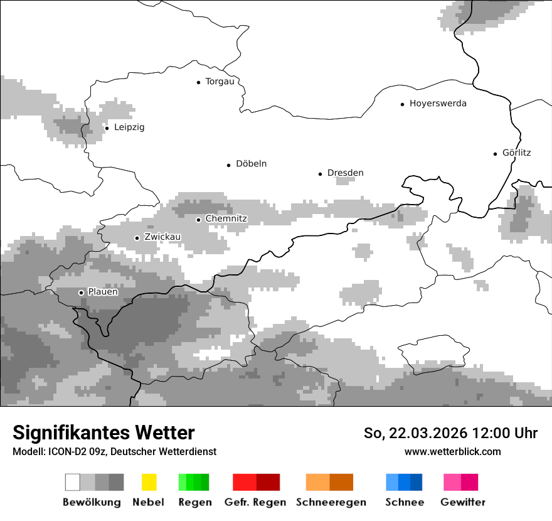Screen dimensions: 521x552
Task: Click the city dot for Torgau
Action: click(x=199, y=82)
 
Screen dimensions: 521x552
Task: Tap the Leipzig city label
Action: click(x=129, y=127)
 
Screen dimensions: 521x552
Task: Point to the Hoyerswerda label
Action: click(x=438, y=104)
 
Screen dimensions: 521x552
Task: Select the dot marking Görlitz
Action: click(x=496, y=153)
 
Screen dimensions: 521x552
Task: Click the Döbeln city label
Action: click(x=251, y=164)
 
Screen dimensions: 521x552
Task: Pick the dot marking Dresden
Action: click(x=320, y=173)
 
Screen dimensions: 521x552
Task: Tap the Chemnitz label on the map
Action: click(x=226, y=218)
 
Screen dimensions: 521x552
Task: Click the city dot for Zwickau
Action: click(x=137, y=238)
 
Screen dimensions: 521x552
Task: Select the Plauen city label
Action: click(x=103, y=292)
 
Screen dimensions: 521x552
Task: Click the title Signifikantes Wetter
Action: click(x=103, y=432)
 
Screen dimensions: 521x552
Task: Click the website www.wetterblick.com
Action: click(x=453, y=452)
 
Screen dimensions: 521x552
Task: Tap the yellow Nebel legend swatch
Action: click(x=149, y=482)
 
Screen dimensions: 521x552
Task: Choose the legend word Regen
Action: click(x=194, y=502)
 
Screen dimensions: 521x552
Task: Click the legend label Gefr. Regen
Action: click(x=255, y=502)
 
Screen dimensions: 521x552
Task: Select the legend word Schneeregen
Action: click(x=331, y=502)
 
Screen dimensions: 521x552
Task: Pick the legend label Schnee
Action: click(x=405, y=502)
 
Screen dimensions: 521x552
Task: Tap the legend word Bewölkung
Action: click(x=92, y=502)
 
